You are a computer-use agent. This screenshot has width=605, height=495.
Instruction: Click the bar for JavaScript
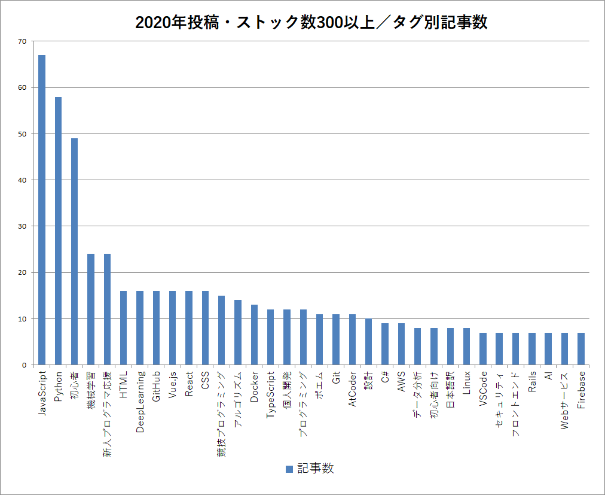coord(42,209)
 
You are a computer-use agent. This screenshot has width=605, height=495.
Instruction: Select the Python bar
coord(58,230)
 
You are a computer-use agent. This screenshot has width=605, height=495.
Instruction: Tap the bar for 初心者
coord(74,251)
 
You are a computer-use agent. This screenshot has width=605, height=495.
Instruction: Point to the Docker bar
coord(254,335)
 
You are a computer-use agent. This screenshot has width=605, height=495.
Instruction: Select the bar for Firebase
coord(580,348)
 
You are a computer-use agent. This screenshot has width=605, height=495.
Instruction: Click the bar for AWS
coord(401,344)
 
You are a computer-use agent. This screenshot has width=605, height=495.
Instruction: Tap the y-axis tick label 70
coord(23,41)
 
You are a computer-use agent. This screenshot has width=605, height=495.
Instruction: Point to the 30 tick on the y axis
coord(23,226)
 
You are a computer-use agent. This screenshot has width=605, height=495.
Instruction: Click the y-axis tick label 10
coord(23,319)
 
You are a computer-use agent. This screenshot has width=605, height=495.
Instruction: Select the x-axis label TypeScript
coord(271,395)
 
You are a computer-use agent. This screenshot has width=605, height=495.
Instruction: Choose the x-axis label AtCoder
coord(352,389)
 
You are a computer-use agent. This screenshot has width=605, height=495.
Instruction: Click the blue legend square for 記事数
coord(289,469)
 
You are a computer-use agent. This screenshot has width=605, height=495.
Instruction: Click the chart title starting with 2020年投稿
coord(311,23)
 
